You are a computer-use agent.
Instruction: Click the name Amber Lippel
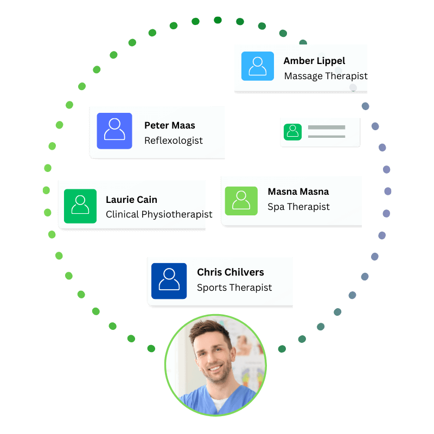[x=314, y=61]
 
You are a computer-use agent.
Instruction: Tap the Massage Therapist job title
[x=326, y=76]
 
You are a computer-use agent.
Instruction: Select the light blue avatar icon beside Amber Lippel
[x=257, y=66]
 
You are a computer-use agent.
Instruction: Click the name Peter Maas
[x=170, y=125]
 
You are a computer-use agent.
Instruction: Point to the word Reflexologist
[x=174, y=141]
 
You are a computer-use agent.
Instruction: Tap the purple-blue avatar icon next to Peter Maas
[x=114, y=131]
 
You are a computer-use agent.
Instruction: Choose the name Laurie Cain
[x=131, y=200]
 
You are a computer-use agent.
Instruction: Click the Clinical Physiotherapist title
[x=159, y=214]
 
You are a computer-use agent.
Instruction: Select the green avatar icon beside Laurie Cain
[x=80, y=206]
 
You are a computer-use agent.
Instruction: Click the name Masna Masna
[x=298, y=192]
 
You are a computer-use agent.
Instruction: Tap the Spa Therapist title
[x=299, y=207]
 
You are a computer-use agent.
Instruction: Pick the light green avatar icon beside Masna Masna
[x=241, y=201]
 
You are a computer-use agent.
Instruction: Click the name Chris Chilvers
[x=230, y=272]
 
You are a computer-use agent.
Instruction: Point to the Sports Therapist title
[x=234, y=288]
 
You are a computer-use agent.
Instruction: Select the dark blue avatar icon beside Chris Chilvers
[x=169, y=281]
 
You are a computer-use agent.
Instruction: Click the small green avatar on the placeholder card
[x=292, y=132]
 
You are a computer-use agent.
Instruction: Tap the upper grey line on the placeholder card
[x=327, y=127]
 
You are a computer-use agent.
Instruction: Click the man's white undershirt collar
[x=220, y=403]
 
